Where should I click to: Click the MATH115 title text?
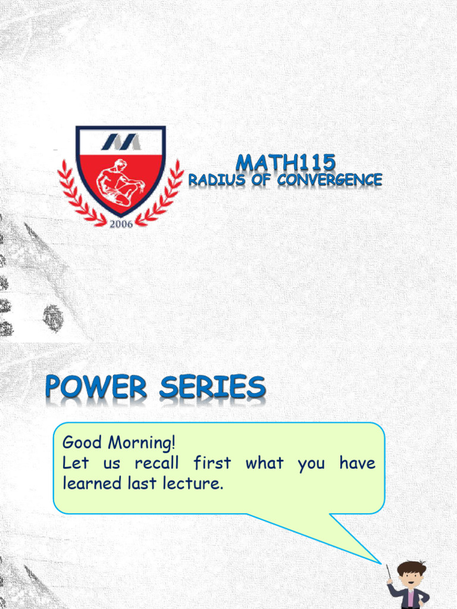[286, 162]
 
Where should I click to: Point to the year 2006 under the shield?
[120, 224]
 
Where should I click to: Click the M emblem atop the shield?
[120, 142]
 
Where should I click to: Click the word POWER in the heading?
[96, 388]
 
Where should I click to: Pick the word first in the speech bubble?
[212, 463]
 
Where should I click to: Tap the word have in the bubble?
[357, 463]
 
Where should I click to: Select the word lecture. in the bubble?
[194, 483]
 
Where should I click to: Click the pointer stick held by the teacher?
[389, 572]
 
